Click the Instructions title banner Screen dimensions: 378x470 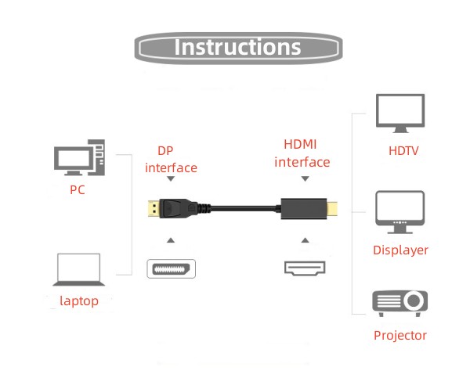238,47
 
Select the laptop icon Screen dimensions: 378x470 78,270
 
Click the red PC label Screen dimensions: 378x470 77,189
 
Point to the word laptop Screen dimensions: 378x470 79,301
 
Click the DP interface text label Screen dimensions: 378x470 171,159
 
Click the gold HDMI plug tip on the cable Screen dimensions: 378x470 334,210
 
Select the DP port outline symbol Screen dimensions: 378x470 171,268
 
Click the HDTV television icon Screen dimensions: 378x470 400,113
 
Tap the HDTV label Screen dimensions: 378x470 403,150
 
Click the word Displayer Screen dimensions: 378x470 400,250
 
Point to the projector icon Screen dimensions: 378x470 400,302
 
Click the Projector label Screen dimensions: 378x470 400,336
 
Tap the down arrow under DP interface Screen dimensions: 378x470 171,180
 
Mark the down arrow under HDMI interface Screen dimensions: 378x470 303,179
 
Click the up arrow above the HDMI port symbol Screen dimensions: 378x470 303,239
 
